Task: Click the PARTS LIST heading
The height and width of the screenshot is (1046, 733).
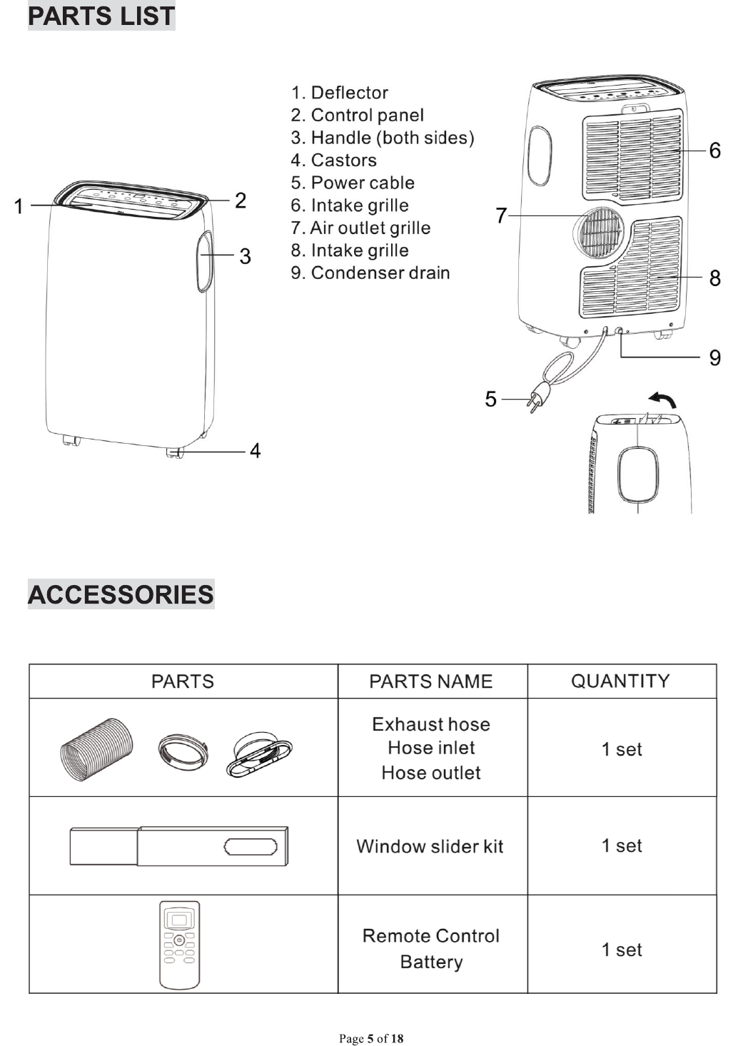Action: point(101,16)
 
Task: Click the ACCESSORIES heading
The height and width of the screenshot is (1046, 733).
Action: point(121,594)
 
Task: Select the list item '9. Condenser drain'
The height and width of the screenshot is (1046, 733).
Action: point(370,273)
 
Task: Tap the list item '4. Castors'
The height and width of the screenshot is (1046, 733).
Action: point(334,160)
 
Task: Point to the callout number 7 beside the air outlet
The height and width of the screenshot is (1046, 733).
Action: point(501,215)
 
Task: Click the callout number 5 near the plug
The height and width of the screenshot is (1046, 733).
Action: point(490,398)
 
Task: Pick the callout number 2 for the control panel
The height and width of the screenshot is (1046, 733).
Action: point(241,200)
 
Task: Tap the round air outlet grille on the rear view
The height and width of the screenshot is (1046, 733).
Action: point(599,233)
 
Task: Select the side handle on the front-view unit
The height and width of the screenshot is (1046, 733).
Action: point(204,260)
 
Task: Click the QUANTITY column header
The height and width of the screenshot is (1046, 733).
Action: point(620,681)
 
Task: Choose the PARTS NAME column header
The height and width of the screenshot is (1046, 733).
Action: point(431,681)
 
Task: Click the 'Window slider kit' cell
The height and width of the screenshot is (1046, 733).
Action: point(430,846)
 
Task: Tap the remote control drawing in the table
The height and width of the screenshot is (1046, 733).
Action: point(179,945)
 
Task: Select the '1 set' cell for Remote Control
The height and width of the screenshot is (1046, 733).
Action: point(622,950)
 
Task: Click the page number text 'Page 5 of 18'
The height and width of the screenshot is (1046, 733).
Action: point(371,1038)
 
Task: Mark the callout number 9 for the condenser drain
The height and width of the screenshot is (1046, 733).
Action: point(714,357)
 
